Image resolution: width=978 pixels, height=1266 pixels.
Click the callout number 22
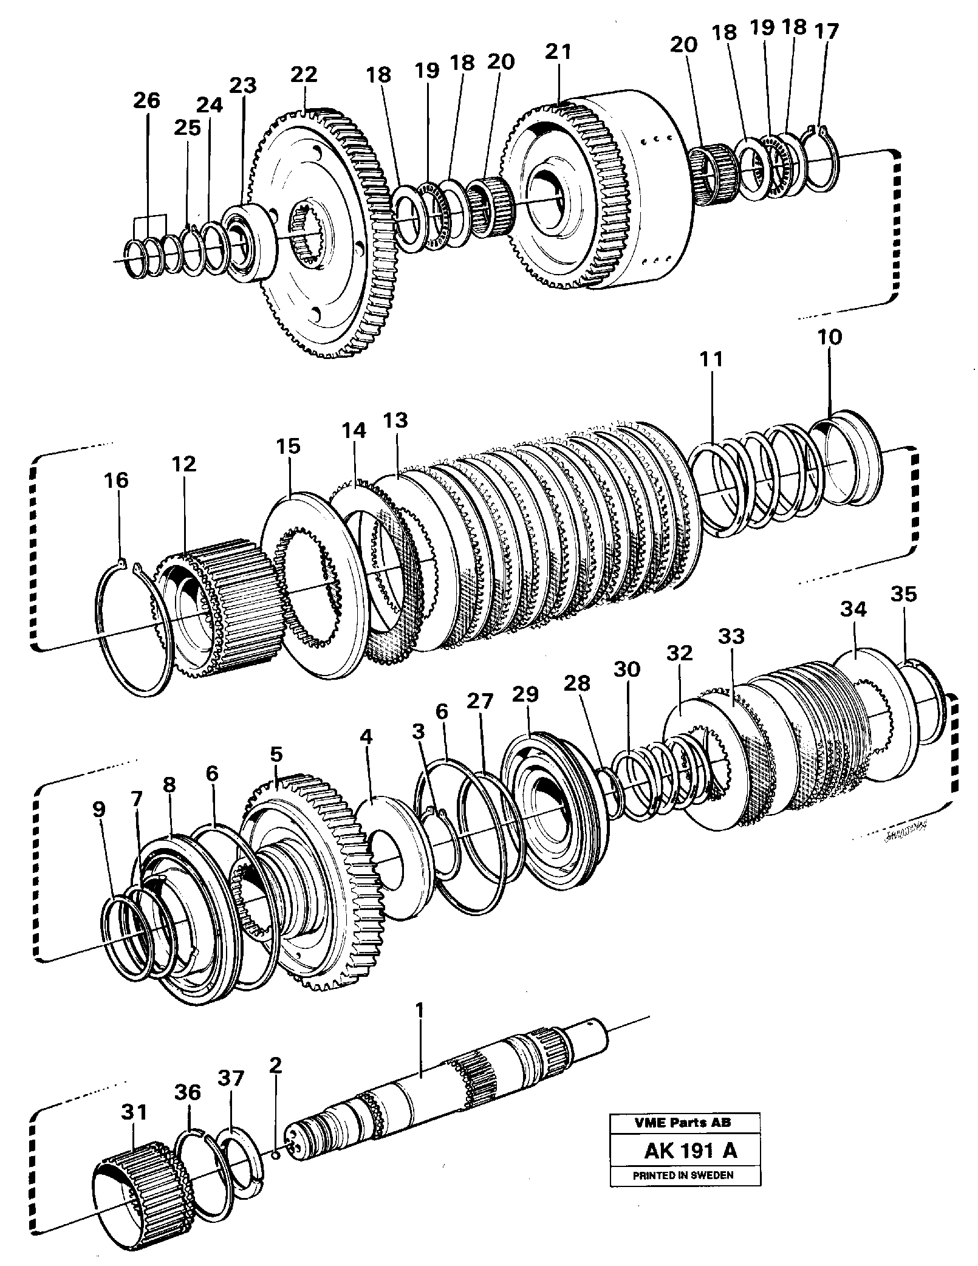click(303, 75)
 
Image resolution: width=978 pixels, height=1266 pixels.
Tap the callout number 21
click(558, 52)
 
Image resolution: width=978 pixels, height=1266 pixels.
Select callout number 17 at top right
click(827, 31)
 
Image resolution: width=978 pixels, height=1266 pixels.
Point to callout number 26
click(146, 100)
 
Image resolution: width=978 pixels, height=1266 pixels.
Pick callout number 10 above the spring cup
click(830, 337)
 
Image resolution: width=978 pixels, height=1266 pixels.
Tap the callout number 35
click(903, 594)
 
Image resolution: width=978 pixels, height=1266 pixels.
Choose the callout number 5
click(276, 755)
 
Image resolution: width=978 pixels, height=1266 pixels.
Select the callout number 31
click(134, 1112)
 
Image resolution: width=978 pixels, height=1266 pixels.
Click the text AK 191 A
click(685, 1151)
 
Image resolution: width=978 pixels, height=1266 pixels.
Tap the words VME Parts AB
click(683, 1123)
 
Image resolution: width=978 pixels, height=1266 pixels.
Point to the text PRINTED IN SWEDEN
click(683, 1175)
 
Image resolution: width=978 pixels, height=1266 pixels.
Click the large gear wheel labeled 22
click(316, 237)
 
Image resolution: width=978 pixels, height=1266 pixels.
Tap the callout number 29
click(525, 694)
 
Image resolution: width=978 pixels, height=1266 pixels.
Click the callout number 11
click(711, 360)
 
